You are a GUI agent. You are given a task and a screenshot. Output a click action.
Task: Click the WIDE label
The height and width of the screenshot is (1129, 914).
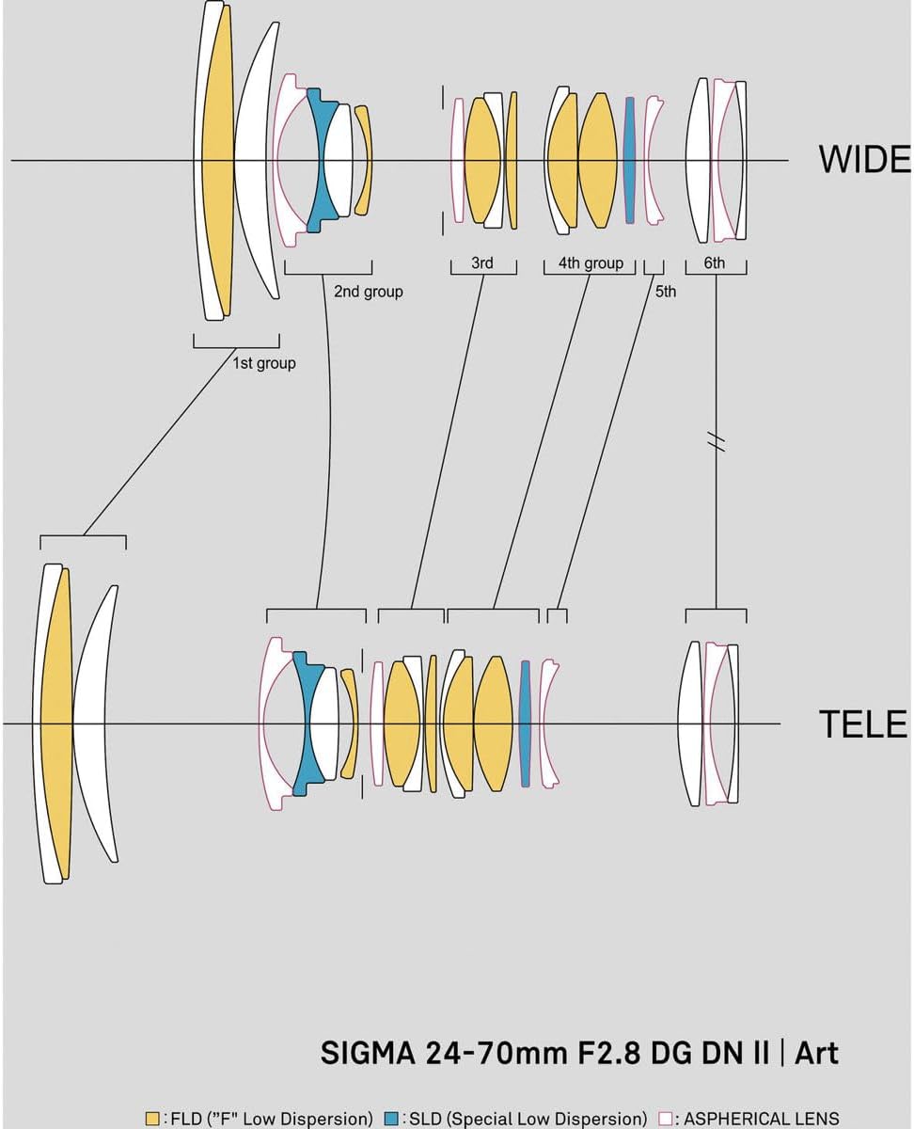coord(865,159)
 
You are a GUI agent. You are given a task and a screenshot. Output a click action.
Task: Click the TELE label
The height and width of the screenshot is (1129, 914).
coord(863,724)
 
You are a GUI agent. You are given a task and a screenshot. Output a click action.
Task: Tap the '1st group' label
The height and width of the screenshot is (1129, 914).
coord(264,363)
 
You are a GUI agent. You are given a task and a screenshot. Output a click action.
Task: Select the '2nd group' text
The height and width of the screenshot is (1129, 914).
coord(369,292)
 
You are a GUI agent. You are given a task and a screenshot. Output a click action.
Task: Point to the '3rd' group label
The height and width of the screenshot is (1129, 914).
coord(482,262)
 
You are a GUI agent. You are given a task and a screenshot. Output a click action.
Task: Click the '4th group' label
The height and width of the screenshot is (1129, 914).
coord(591,262)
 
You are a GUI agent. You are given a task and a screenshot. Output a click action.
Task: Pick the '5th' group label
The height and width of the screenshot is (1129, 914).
coord(666,292)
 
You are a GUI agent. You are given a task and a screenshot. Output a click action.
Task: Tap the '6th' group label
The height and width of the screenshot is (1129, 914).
coord(715,262)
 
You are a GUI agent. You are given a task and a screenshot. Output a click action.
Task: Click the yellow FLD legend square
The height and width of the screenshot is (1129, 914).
coord(152,1119)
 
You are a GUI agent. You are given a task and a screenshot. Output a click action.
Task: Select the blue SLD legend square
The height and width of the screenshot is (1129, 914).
coord(391,1119)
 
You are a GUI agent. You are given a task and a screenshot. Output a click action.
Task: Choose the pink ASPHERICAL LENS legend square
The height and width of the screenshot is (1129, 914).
coord(666,1119)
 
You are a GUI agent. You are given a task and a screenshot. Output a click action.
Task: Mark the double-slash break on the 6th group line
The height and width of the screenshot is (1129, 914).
coord(717,441)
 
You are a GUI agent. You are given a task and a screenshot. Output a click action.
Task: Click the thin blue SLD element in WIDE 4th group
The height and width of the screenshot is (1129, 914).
coord(629,160)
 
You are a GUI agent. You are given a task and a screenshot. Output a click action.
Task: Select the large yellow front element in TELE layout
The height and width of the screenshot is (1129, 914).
coord(56,724)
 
